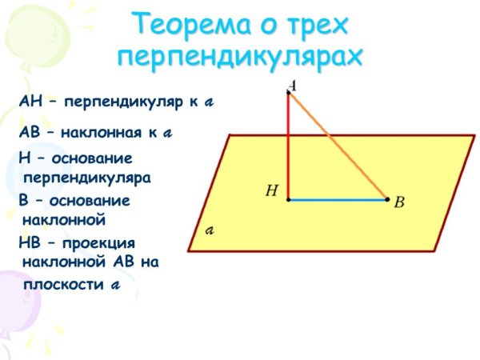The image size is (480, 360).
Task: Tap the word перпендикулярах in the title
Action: tap(240, 58)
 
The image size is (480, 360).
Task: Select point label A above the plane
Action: tap(293, 84)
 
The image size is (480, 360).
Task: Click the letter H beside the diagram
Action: tap(272, 191)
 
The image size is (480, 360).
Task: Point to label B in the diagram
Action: tap(399, 203)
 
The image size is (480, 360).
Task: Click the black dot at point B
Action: tap(387, 199)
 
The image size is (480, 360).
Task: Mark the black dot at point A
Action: tap(289, 93)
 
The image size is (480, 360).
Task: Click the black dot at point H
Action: tap(289, 199)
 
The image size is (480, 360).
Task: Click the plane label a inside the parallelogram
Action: tap(210, 231)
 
